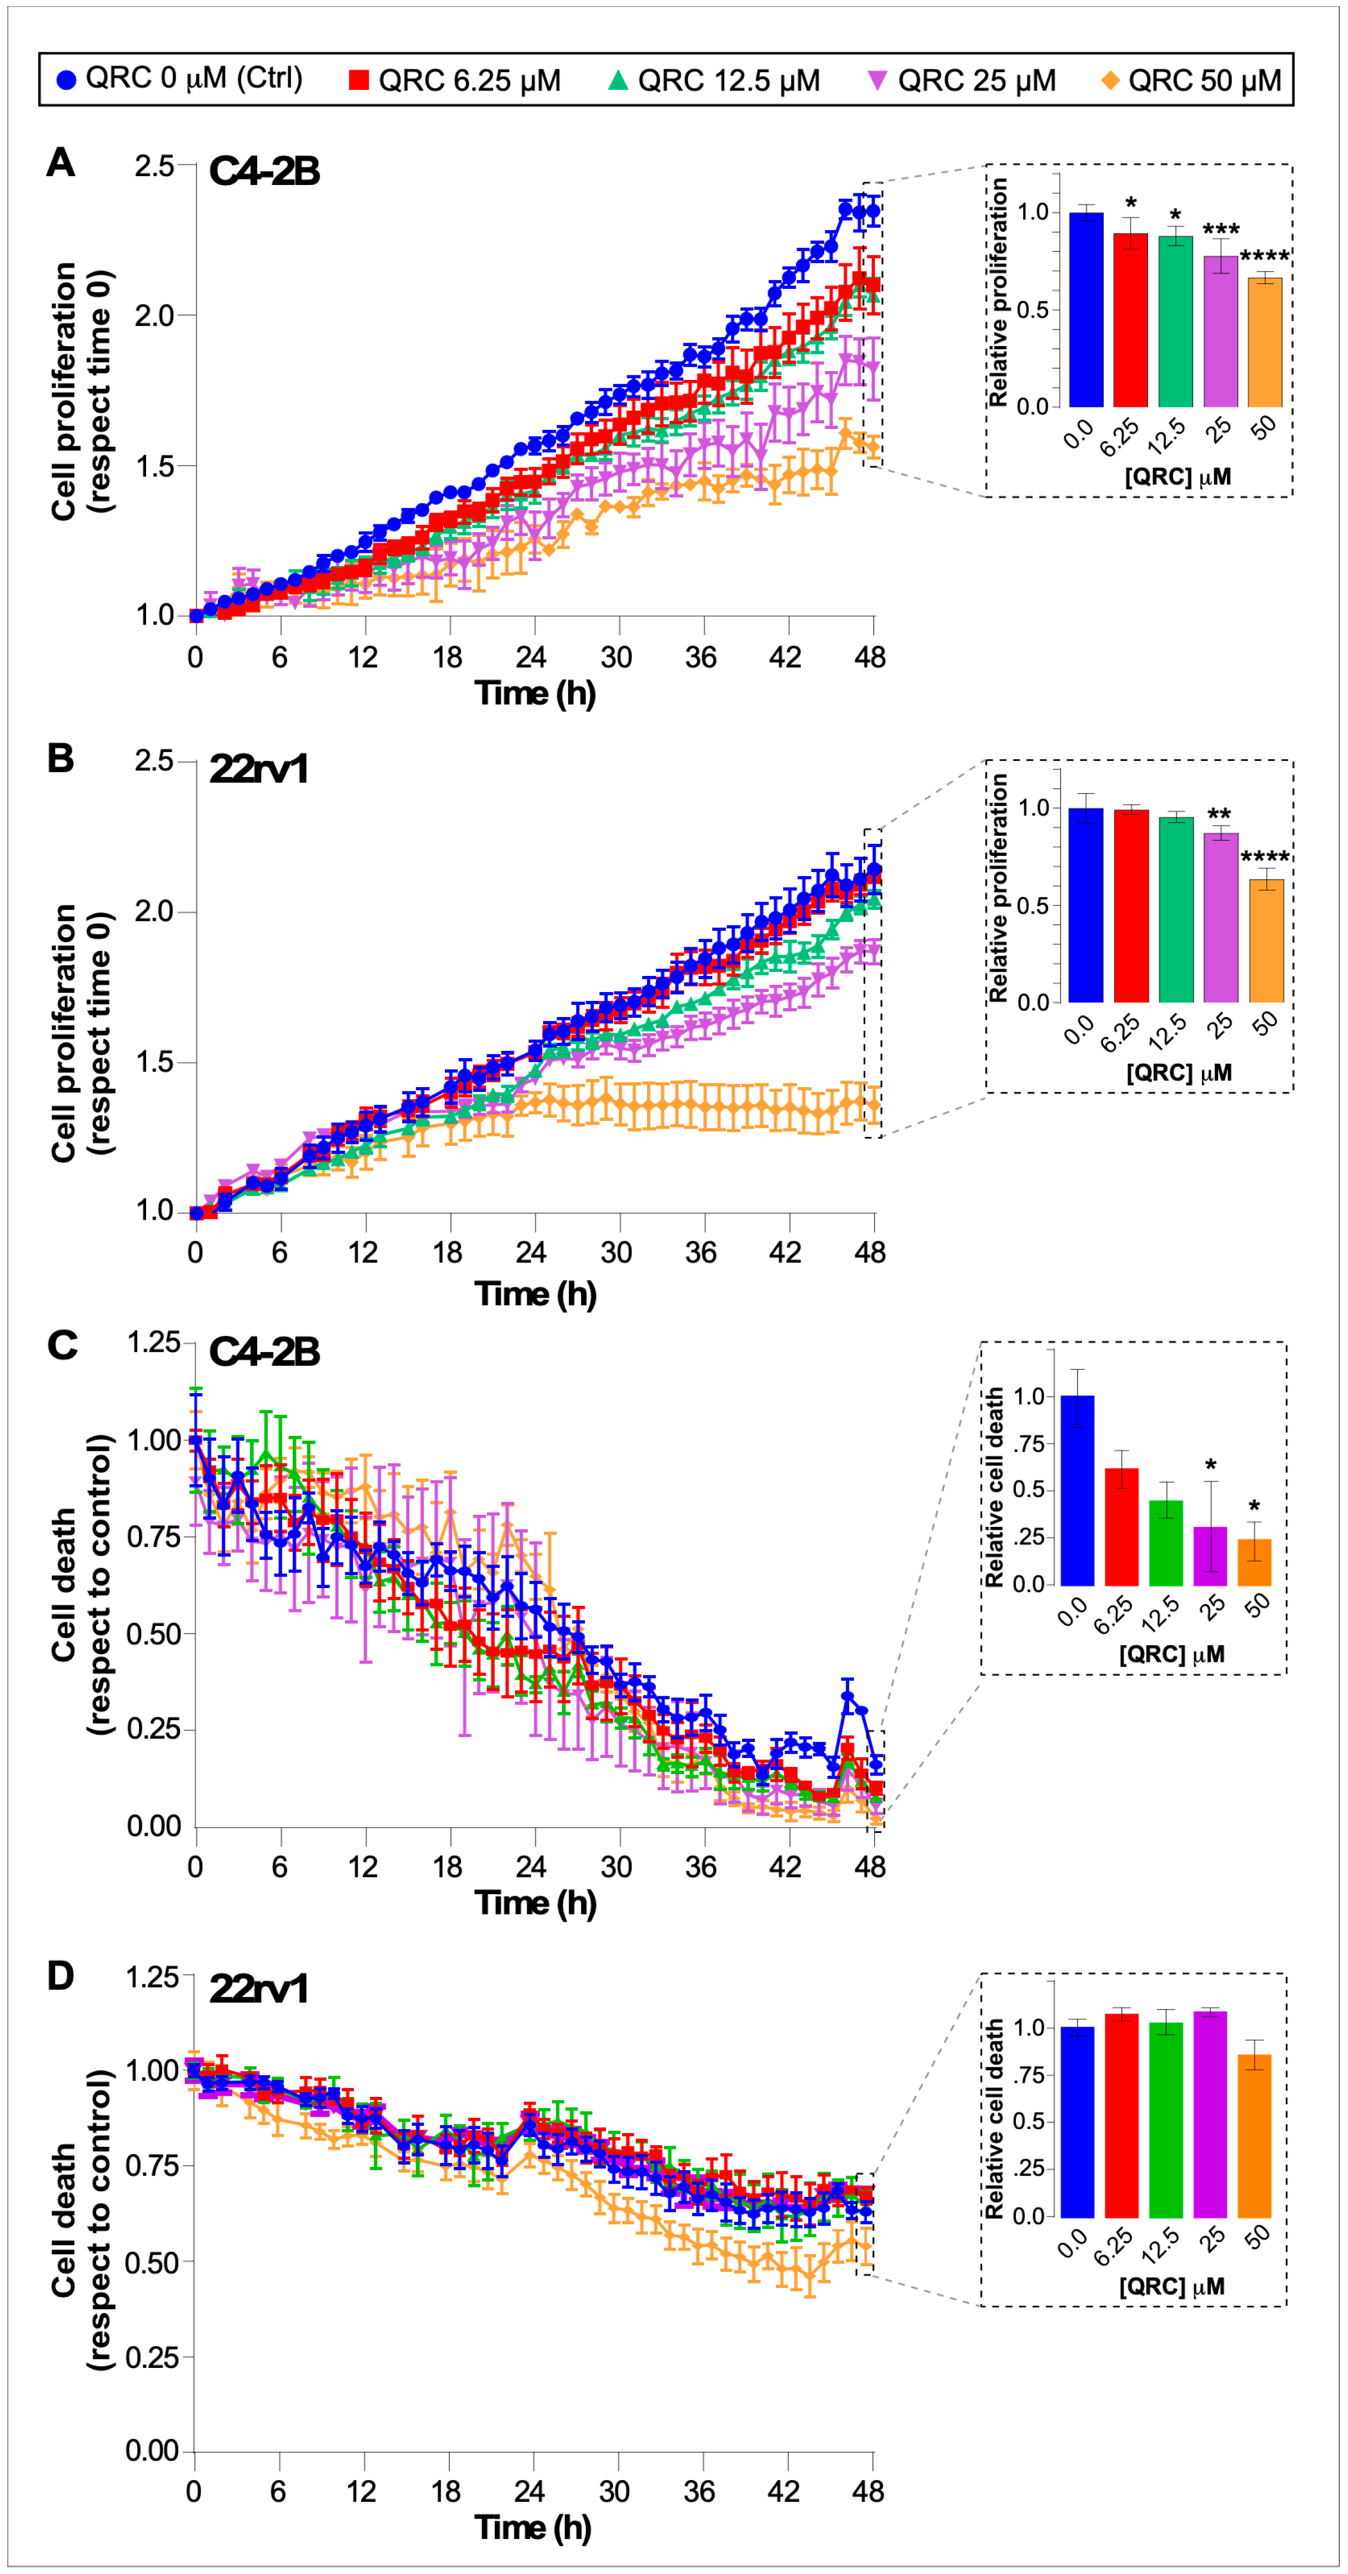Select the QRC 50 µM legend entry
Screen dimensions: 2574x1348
point(1191,80)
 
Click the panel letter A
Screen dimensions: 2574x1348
point(61,162)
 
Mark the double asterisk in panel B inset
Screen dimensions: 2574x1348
point(1219,814)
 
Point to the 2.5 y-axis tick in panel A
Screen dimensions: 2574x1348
point(155,166)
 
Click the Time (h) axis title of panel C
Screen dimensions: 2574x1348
point(535,1902)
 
